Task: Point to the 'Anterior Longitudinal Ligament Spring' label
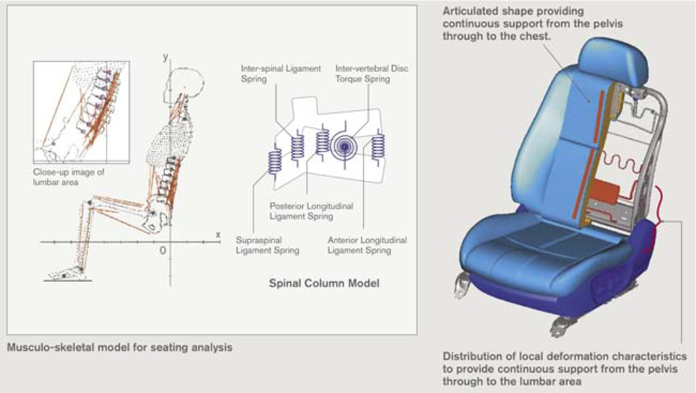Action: point(367,245)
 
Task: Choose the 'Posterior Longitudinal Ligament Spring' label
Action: point(311,211)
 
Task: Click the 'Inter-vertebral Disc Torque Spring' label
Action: point(371,73)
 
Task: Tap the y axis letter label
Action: point(166,57)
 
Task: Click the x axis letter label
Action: point(218,234)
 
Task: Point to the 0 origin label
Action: point(163,250)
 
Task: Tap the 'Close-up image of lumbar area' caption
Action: point(68,177)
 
